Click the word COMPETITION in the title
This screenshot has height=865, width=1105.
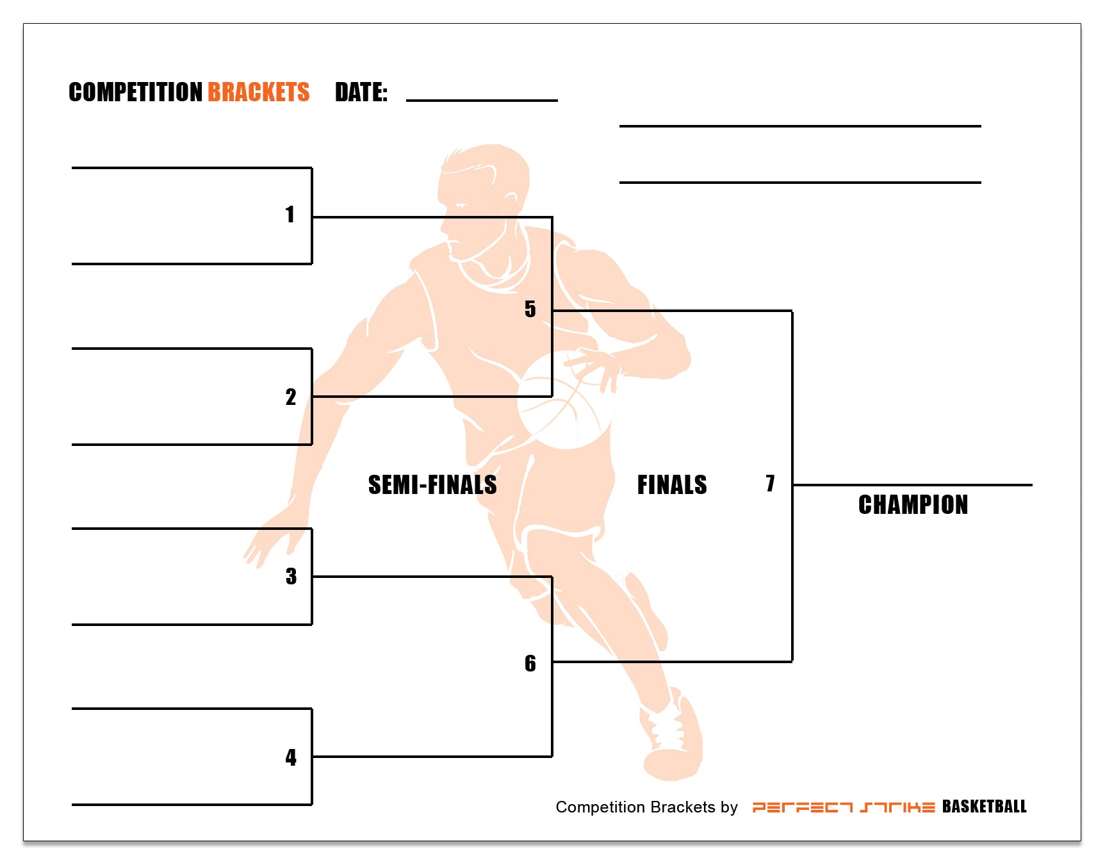pos(135,92)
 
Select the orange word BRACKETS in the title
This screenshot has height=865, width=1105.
pos(258,92)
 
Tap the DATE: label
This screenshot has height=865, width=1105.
pos(361,92)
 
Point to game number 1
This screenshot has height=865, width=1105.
pos(290,214)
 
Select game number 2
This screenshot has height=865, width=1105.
pos(291,397)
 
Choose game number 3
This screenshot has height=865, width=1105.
pos(291,577)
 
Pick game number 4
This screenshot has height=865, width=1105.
pos(291,757)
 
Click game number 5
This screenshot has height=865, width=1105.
pos(530,309)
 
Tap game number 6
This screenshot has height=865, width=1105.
pos(530,663)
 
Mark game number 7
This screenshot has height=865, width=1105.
pos(770,483)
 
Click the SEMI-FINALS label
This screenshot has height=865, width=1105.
pos(432,485)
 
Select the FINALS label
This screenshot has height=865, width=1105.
pos(672,485)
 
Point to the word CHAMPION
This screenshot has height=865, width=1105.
pos(913,505)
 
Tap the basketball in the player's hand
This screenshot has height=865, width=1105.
pos(565,400)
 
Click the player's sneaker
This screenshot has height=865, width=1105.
pos(673,737)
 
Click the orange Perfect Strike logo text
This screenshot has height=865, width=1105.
pos(843,807)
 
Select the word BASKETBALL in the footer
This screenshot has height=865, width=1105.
pos(984,807)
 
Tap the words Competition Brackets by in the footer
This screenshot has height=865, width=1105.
pos(646,807)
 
